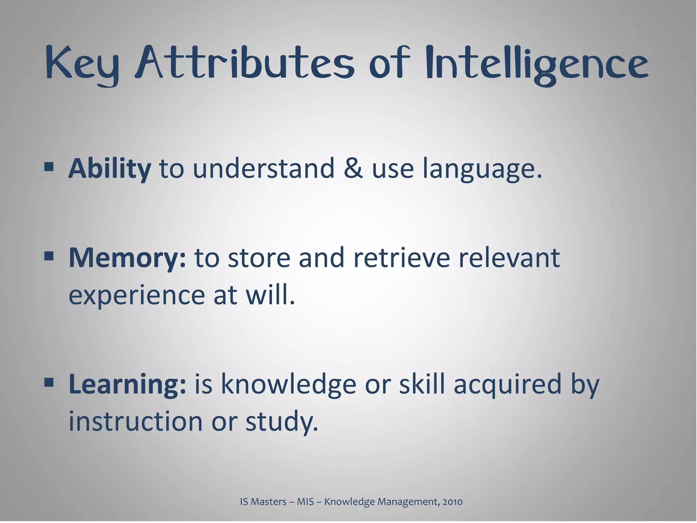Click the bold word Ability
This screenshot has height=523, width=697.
110,168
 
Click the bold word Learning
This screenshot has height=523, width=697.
127,384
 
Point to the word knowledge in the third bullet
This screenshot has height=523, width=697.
289,384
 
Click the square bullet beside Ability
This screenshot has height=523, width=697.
49,167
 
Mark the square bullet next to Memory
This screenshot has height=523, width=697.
49,255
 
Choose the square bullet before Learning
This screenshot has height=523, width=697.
49,382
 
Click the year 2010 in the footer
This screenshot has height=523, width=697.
452,502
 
